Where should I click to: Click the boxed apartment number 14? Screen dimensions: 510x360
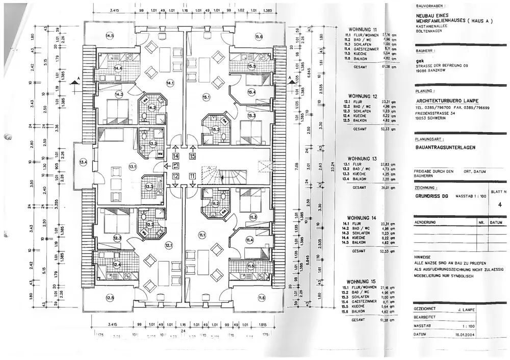coord(175,157)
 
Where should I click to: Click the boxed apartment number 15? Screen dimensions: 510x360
coord(192,157)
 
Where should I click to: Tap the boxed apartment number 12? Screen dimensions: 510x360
coord(175,176)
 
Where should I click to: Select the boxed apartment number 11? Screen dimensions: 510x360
coord(192,176)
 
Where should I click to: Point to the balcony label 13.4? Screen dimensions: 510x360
coord(83,162)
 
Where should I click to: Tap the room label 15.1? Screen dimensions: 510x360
coord(206,96)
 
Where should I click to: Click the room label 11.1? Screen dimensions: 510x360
coord(202,235)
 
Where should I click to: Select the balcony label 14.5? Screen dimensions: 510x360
coord(109,35)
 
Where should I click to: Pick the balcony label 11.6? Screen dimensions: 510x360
coord(261,297)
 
